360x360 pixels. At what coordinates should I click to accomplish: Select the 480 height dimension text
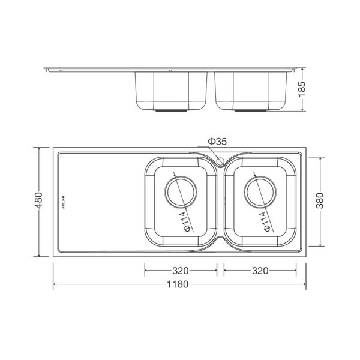pos(40,202)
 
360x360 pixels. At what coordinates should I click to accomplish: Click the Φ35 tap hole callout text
pos(217,142)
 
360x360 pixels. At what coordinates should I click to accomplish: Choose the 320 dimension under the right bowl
pos(260,271)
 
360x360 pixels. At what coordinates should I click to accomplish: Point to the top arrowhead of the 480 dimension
pos(40,149)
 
